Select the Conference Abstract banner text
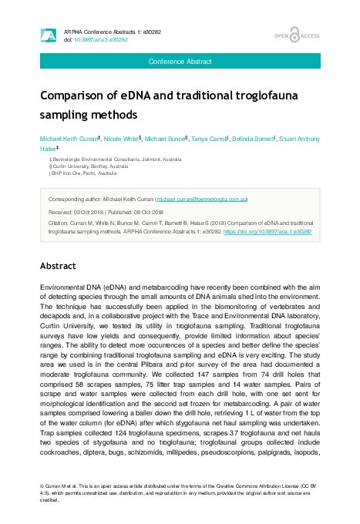point(180,60)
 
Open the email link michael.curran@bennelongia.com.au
point(201,198)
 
